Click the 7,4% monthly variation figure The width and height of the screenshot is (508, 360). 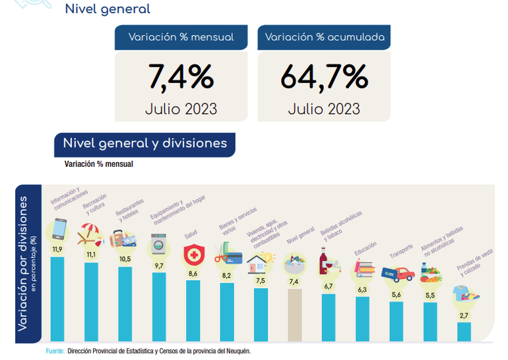(x=181, y=77)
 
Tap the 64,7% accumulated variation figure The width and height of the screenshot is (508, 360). (x=324, y=77)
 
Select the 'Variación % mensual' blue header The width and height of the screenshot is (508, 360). (x=181, y=38)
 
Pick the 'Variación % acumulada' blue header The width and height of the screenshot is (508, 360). (x=324, y=38)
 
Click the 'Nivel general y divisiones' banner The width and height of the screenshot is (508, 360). (x=144, y=144)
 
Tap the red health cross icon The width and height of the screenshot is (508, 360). (x=192, y=255)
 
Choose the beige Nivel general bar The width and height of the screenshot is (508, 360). (x=294, y=315)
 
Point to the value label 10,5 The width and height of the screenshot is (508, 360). (x=125, y=259)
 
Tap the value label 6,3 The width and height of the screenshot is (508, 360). (x=362, y=289)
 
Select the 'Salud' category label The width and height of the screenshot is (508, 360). (x=191, y=234)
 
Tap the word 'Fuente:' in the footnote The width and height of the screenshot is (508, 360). (x=55, y=351)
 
